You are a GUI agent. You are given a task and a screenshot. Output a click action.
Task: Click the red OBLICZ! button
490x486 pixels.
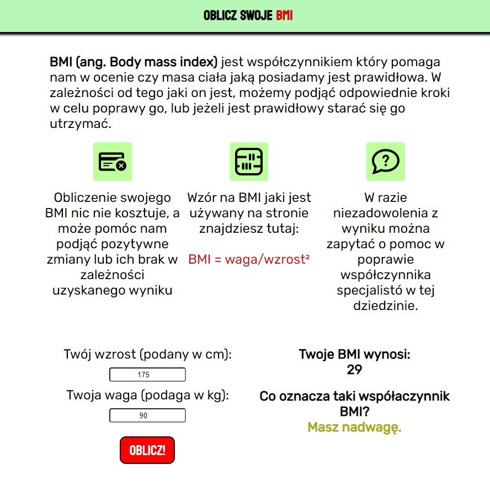[147, 450]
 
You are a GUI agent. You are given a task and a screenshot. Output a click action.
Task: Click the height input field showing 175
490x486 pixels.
[147, 375]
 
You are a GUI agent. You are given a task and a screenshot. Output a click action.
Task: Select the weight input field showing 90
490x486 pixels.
[147, 415]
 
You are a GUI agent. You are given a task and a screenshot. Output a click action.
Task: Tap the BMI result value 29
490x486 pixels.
[354, 370]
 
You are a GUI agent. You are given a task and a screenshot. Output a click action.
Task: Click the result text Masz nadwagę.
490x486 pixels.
[354, 428]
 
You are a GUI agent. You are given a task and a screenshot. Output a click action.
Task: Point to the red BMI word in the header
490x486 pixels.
[284, 15]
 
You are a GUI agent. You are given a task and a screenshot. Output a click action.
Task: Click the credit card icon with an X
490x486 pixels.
[113, 162]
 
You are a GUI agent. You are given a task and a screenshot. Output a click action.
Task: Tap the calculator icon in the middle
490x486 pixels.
[249, 162]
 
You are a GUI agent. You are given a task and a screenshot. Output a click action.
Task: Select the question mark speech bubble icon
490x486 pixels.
[386, 162]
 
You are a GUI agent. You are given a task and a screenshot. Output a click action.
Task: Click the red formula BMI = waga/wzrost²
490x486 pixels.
[249, 259]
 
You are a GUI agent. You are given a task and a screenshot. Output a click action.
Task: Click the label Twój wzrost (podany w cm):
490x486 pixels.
[147, 354]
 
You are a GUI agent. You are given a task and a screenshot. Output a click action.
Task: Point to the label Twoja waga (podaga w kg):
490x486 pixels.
[147, 395]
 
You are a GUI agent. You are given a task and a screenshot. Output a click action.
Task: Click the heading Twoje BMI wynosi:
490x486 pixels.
[354, 354]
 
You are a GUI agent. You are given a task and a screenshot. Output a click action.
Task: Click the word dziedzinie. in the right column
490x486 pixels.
[386, 306]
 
